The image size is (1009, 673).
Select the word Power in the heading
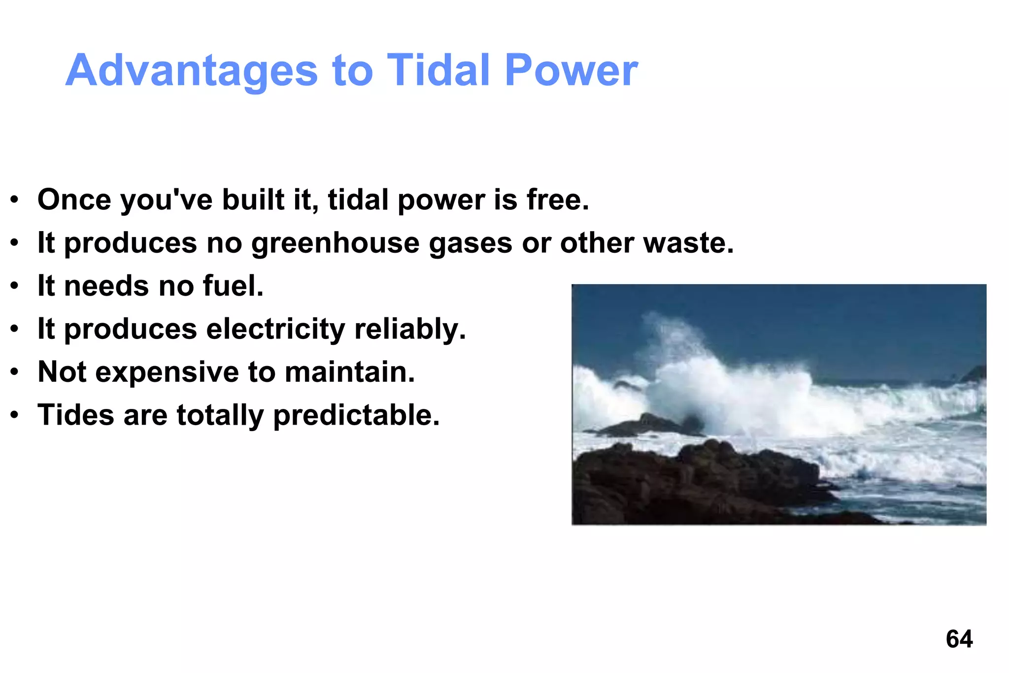571,70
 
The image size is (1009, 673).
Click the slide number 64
959,639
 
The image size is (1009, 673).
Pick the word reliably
409,329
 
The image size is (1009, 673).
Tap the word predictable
356,415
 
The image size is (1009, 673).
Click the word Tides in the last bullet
76,415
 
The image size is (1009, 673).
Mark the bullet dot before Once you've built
15,201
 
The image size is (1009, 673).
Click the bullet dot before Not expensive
15,373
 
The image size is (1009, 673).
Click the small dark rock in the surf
645,425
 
